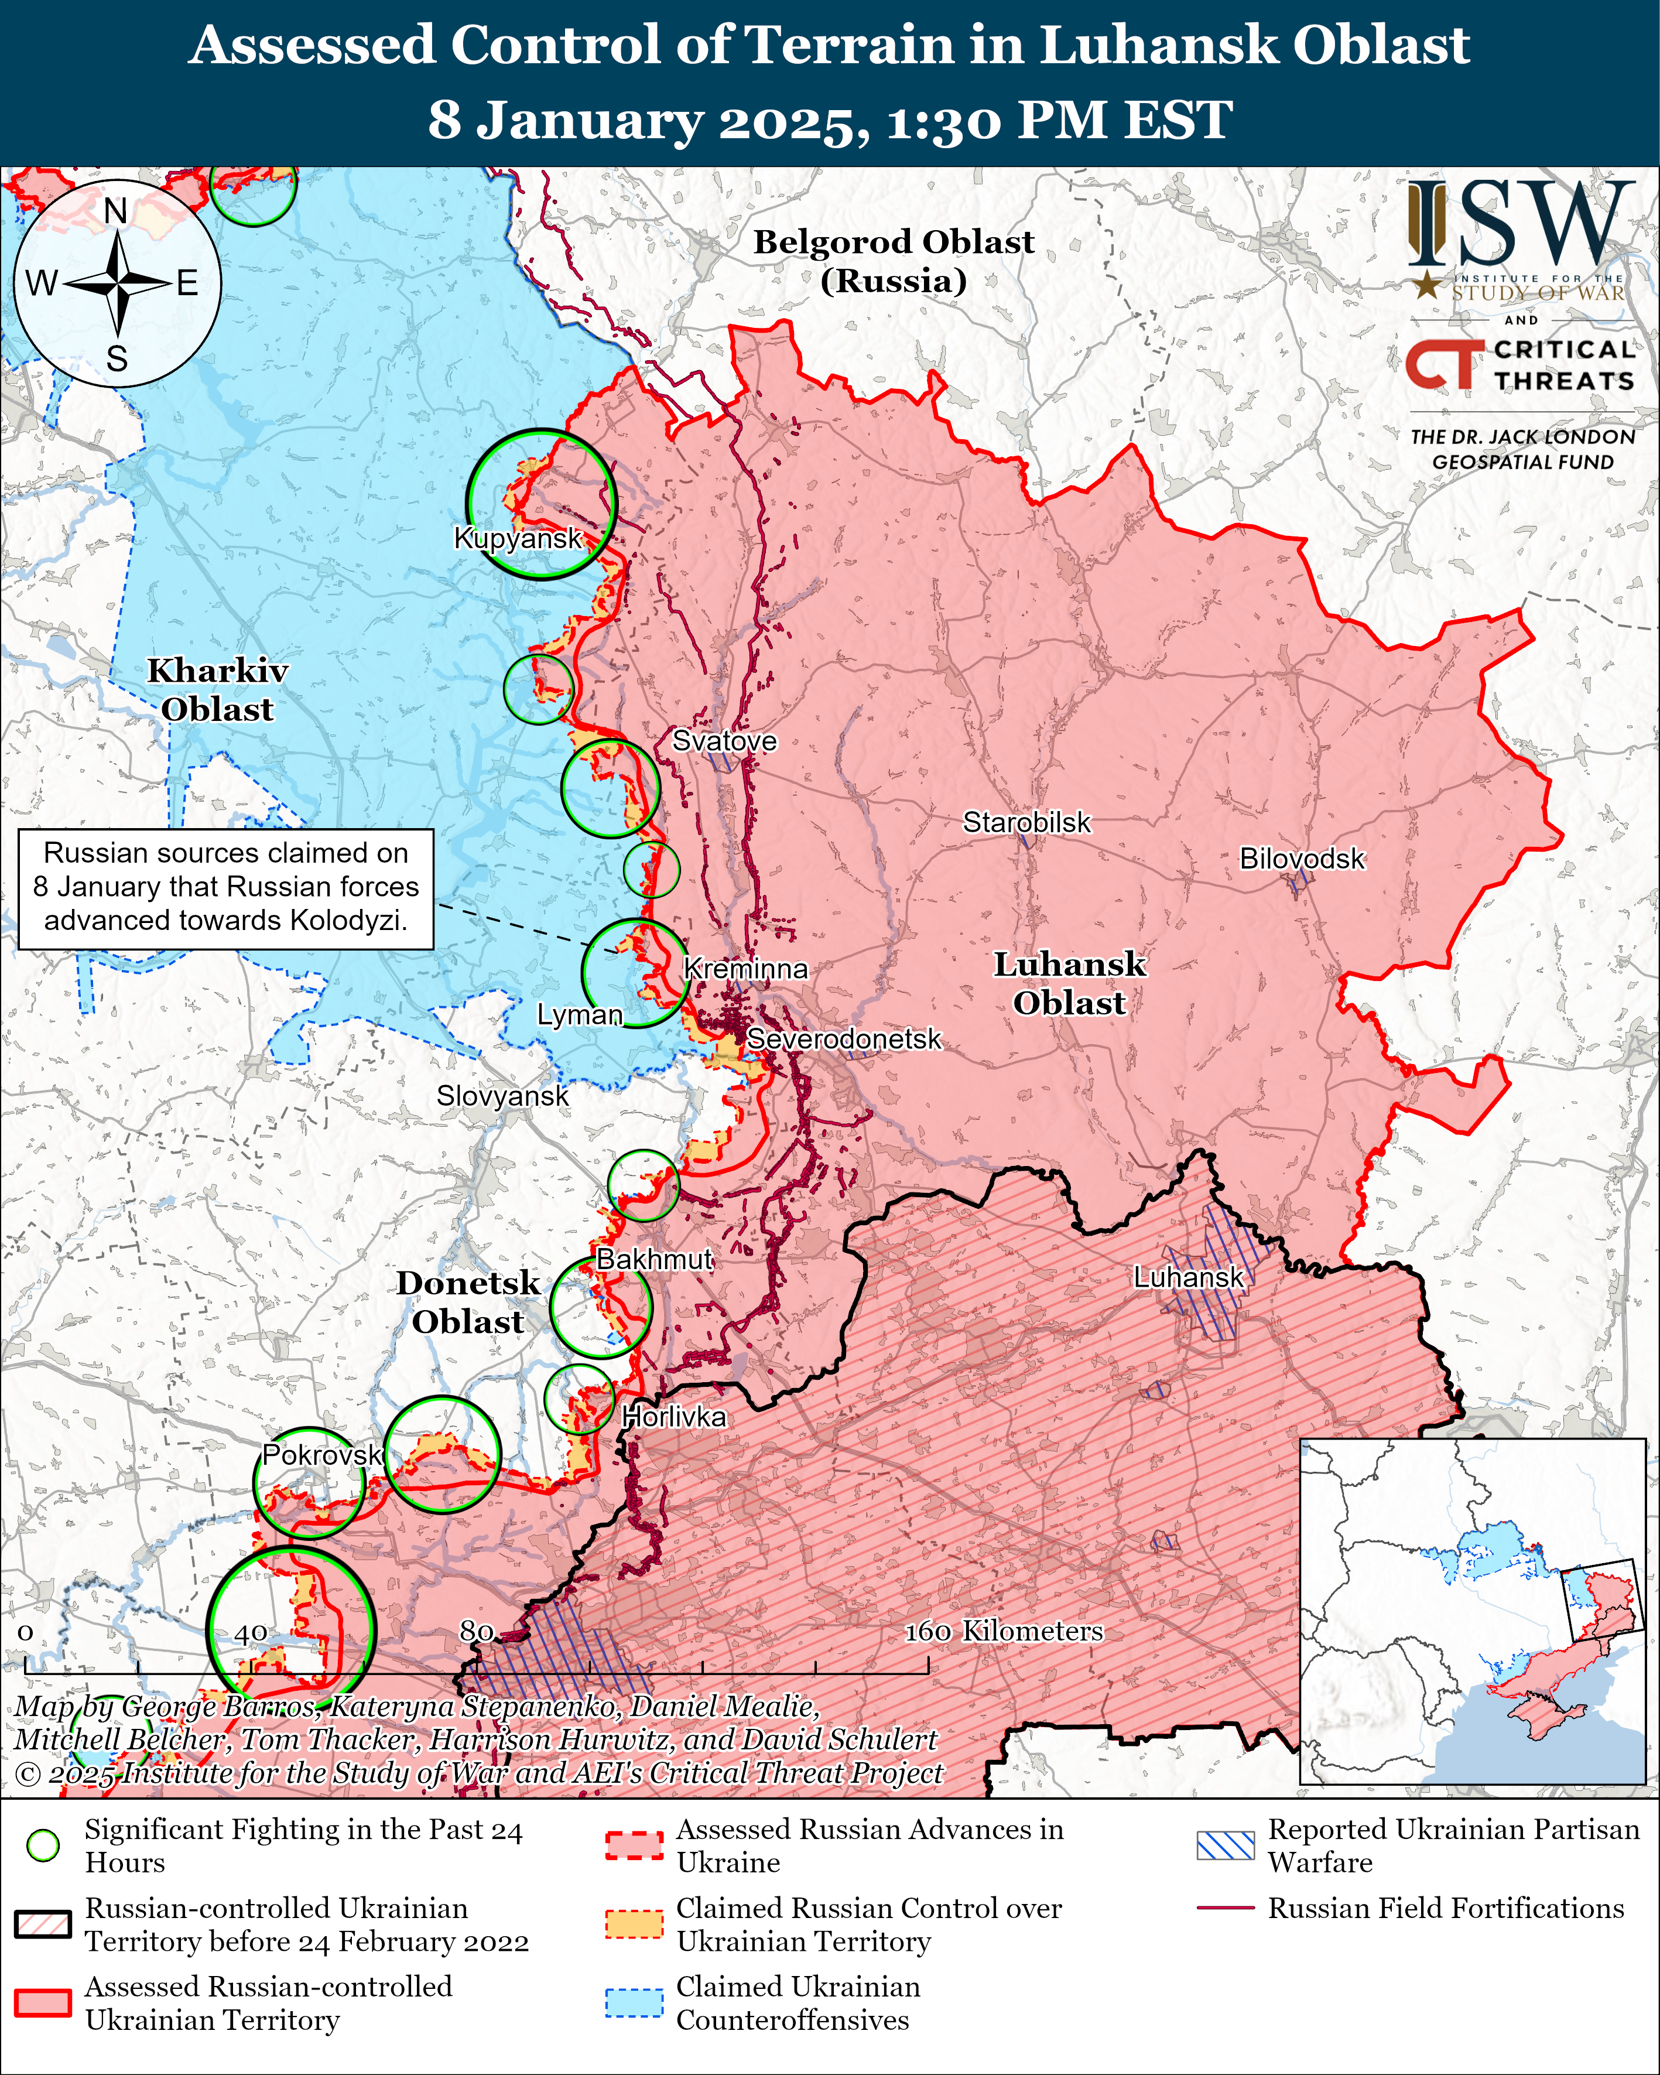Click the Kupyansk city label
pyautogui.click(x=518, y=538)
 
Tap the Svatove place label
pyautogui.click(x=724, y=741)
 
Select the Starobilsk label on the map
pyautogui.click(x=1027, y=823)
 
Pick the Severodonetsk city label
pyautogui.click(x=844, y=1040)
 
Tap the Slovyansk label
pyautogui.click(x=502, y=1096)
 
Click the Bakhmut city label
pyautogui.click(x=655, y=1259)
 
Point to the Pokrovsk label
pyautogui.click(x=323, y=1454)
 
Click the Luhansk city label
pyautogui.click(x=1189, y=1277)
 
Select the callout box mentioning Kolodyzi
pyautogui.click(x=226, y=886)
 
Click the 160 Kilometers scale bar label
pyautogui.click(x=1003, y=1631)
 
